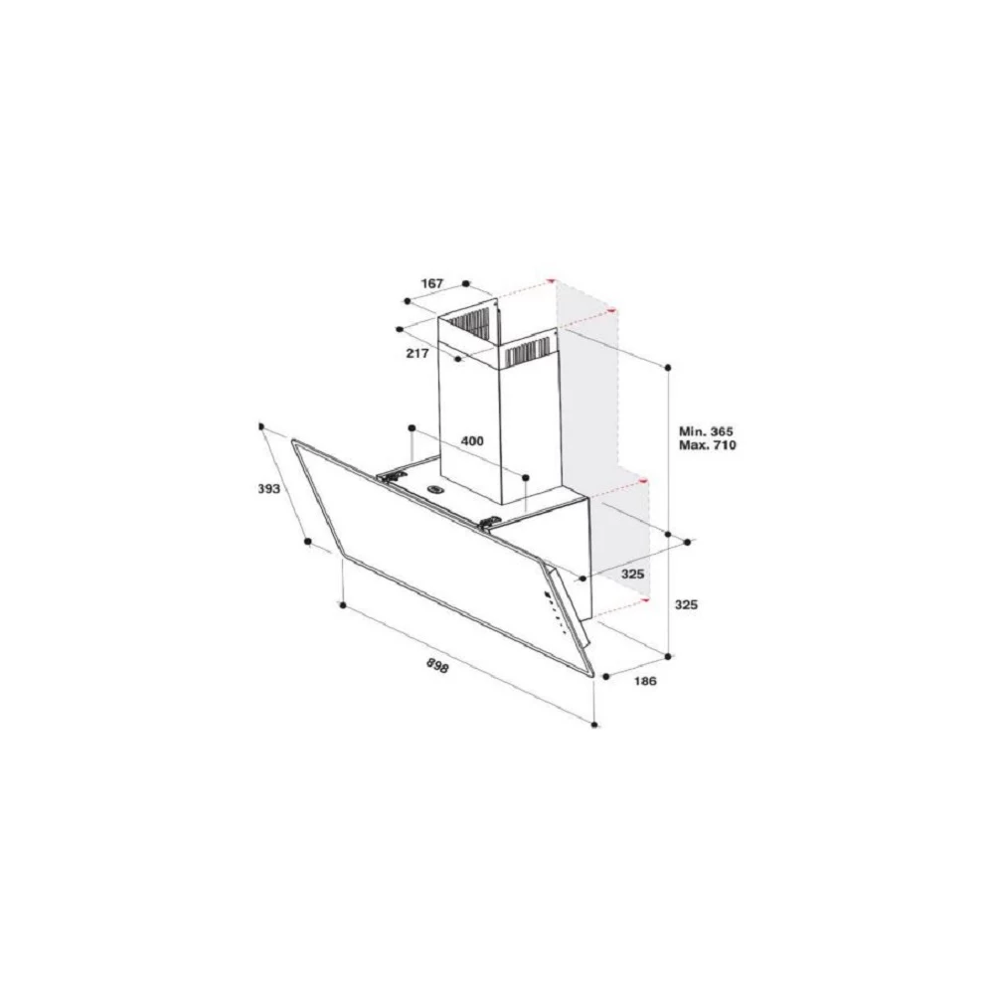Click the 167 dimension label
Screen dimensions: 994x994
click(431, 283)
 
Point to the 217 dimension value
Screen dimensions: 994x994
click(417, 353)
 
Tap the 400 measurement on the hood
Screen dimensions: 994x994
click(471, 440)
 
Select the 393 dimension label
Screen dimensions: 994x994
click(268, 489)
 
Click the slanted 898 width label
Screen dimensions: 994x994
click(437, 665)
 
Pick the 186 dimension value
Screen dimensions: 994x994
click(645, 681)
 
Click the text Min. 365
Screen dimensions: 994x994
click(706, 431)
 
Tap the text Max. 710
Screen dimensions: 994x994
click(708, 445)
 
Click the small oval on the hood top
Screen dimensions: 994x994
click(435, 489)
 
